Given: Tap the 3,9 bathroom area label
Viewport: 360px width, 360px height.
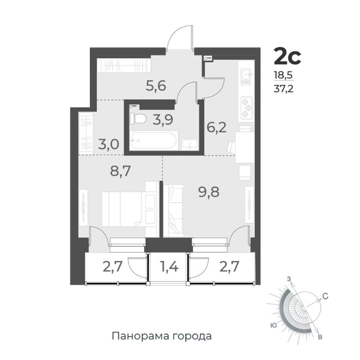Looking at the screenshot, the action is click(163, 120).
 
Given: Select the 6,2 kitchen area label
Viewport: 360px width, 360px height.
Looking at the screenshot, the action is click(216, 128).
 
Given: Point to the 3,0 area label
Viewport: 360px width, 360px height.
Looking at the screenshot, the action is click(109, 145).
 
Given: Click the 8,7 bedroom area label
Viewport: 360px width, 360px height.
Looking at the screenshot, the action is click(121, 171).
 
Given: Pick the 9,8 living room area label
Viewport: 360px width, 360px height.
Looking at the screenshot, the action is click(209, 192).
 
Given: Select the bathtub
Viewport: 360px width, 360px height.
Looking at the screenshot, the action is click(153, 140).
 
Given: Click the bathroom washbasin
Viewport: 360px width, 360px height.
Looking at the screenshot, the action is click(190, 144).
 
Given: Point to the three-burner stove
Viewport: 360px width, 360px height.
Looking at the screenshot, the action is click(247, 108).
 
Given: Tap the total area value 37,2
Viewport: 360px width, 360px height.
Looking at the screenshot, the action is click(283, 89).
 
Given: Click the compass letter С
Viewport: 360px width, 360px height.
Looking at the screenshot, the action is click(325, 296).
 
